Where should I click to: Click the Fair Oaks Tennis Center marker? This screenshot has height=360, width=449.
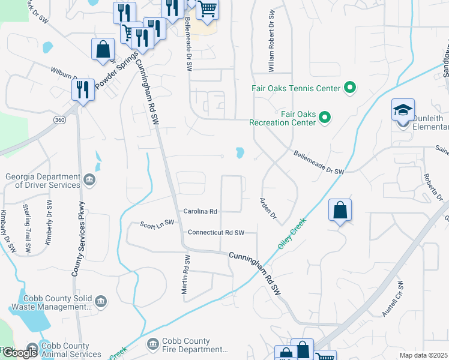click(x=349, y=89)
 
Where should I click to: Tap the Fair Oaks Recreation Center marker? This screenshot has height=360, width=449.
click(x=325, y=117)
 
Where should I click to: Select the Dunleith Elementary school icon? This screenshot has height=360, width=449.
click(x=403, y=110)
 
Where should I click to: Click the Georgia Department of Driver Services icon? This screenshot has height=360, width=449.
click(x=88, y=179)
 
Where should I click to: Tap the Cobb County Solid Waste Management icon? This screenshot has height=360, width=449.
click(x=100, y=301)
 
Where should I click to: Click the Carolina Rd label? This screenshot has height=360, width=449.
click(x=200, y=212)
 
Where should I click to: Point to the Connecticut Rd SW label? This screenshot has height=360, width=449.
click(x=216, y=232)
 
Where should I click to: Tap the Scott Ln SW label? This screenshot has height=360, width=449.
click(x=157, y=222)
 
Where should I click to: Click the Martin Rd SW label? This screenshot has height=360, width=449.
click(x=187, y=274)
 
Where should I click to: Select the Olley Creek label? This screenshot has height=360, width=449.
click(x=292, y=234)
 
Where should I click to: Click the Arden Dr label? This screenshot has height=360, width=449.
click(x=268, y=208)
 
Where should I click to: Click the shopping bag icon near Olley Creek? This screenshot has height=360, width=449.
click(x=340, y=210)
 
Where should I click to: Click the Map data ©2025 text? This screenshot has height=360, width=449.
click(x=424, y=355)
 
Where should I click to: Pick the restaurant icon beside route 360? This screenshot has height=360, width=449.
click(x=82, y=89)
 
